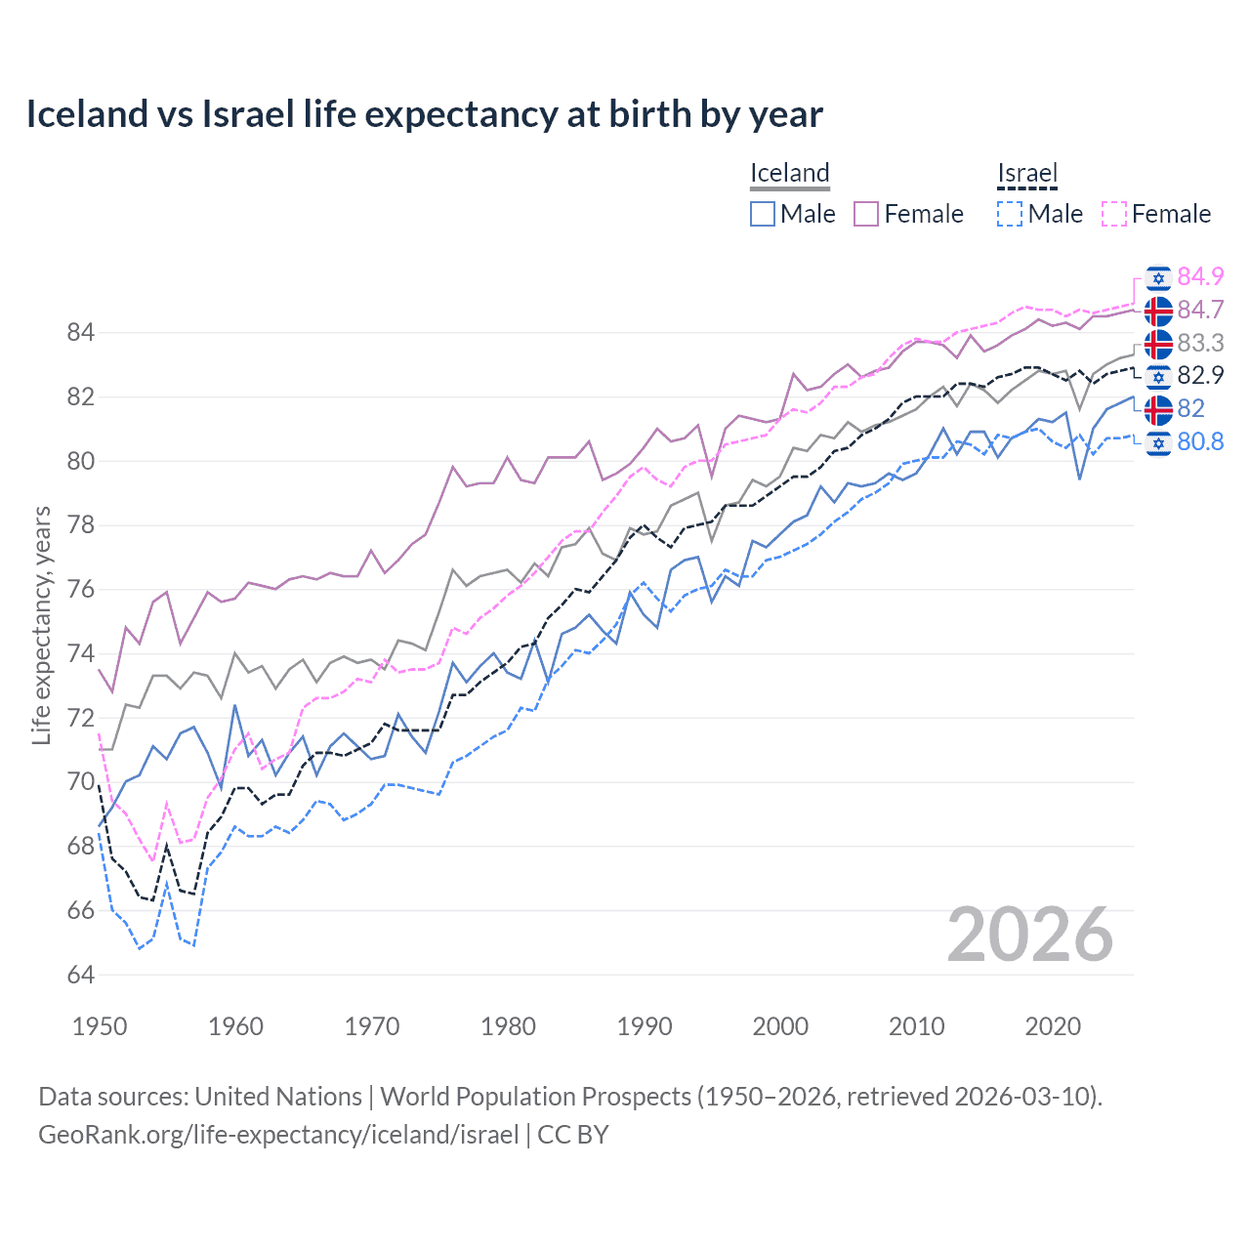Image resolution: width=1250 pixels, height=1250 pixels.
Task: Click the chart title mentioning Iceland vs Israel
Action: click(x=424, y=114)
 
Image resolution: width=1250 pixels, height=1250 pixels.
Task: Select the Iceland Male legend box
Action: click(x=763, y=214)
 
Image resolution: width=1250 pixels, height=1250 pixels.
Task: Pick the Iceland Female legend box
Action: click(x=866, y=214)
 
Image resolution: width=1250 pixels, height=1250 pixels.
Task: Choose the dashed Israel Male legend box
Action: click(x=1010, y=214)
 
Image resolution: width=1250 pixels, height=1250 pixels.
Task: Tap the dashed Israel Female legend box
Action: click(x=1114, y=214)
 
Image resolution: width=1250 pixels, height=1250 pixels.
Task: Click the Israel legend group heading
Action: click(x=1027, y=174)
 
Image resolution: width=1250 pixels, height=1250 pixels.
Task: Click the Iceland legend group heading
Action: click(x=789, y=174)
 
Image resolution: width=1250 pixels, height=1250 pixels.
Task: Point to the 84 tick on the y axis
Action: click(x=80, y=333)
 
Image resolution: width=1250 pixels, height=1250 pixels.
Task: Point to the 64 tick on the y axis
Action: click(x=80, y=975)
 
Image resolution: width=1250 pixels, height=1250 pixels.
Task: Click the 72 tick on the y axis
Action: click(x=80, y=718)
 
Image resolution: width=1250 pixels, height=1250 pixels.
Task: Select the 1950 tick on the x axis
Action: click(x=100, y=1026)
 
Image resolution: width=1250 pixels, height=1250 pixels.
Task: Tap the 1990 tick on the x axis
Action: click(x=645, y=1026)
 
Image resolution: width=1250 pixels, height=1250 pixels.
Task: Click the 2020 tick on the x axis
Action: click(x=1053, y=1026)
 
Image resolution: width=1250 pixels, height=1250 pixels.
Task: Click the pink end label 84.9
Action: click(x=1200, y=276)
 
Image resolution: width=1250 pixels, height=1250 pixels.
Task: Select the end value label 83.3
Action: click(x=1200, y=343)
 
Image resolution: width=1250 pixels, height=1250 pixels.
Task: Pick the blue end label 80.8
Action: click(x=1200, y=441)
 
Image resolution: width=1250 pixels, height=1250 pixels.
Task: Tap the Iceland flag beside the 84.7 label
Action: click(x=1158, y=311)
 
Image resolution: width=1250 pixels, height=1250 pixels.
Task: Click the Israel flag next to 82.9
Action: click(x=1158, y=376)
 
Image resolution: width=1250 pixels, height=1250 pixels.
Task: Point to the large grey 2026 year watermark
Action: click(x=1029, y=935)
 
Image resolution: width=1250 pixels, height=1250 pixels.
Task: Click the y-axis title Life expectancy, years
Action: click(x=41, y=625)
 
